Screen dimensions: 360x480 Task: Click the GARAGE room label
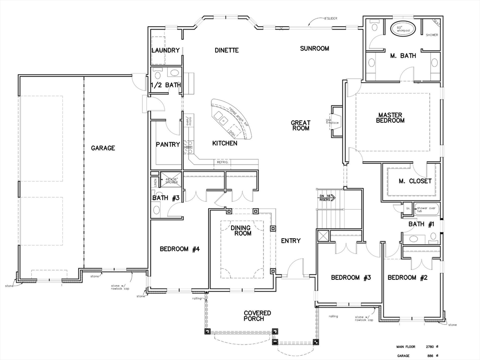point(103,148)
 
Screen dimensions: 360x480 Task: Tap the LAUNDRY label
point(165,51)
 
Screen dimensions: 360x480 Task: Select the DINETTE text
point(226,50)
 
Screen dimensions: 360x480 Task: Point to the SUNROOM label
point(315,48)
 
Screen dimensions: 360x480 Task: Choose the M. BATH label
point(403,56)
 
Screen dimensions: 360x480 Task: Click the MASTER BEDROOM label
point(391,117)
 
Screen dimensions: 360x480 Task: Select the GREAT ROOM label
point(300,126)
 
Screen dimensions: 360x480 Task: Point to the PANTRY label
point(168,144)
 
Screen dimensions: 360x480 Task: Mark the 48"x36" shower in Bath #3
point(171,180)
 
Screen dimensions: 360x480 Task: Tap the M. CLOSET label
point(415,181)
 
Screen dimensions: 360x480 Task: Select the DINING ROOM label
point(240,231)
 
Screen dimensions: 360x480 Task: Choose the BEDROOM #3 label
point(351,277)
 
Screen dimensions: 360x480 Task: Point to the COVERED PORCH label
point(257,315)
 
